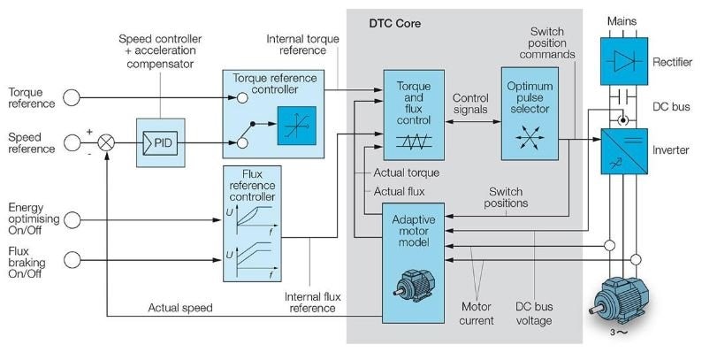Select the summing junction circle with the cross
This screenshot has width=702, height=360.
107,142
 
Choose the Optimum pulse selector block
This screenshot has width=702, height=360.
530,113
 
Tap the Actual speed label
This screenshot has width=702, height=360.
182,308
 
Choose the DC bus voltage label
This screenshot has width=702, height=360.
534,314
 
